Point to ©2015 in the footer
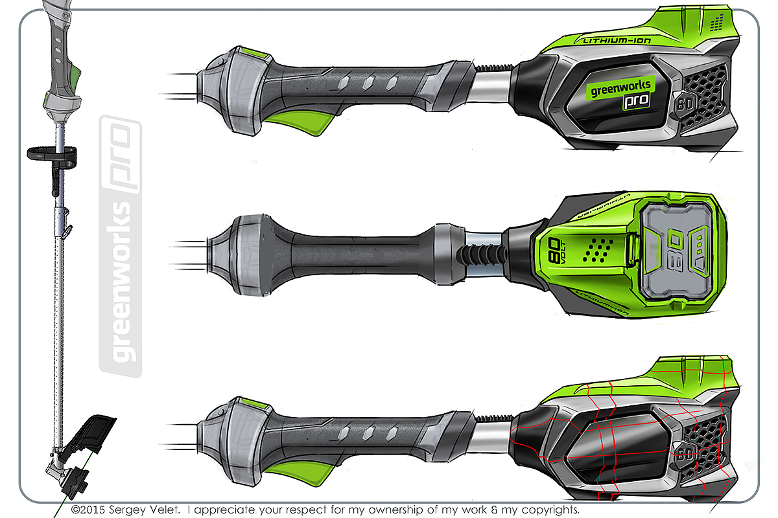tap(91, 510)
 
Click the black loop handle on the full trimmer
tap(52, 153)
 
